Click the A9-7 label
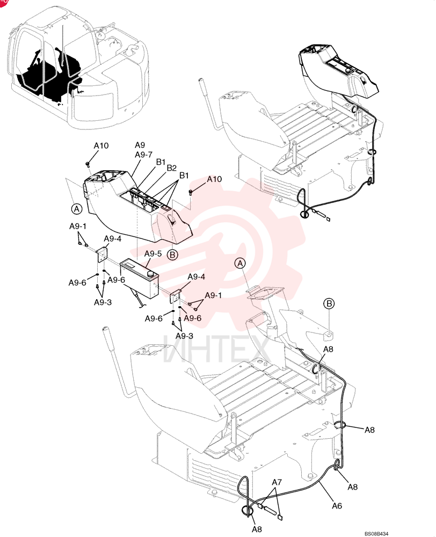(143, 155)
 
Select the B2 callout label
(172, 168)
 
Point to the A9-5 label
(152, 254)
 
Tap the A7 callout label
(277, 482)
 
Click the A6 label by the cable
(337, 505)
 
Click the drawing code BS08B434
(376, 534)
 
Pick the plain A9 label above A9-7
(140, 145)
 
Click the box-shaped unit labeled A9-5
(139, 278)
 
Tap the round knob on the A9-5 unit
(150, 274)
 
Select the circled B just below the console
(172, 255)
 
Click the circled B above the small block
(329, 304)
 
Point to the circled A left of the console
(77, 208)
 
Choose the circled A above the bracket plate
(241, 263)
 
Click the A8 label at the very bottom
(257, 529)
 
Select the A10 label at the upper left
(101, 146)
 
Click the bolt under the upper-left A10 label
(88, 164)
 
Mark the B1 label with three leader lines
(184, 176)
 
